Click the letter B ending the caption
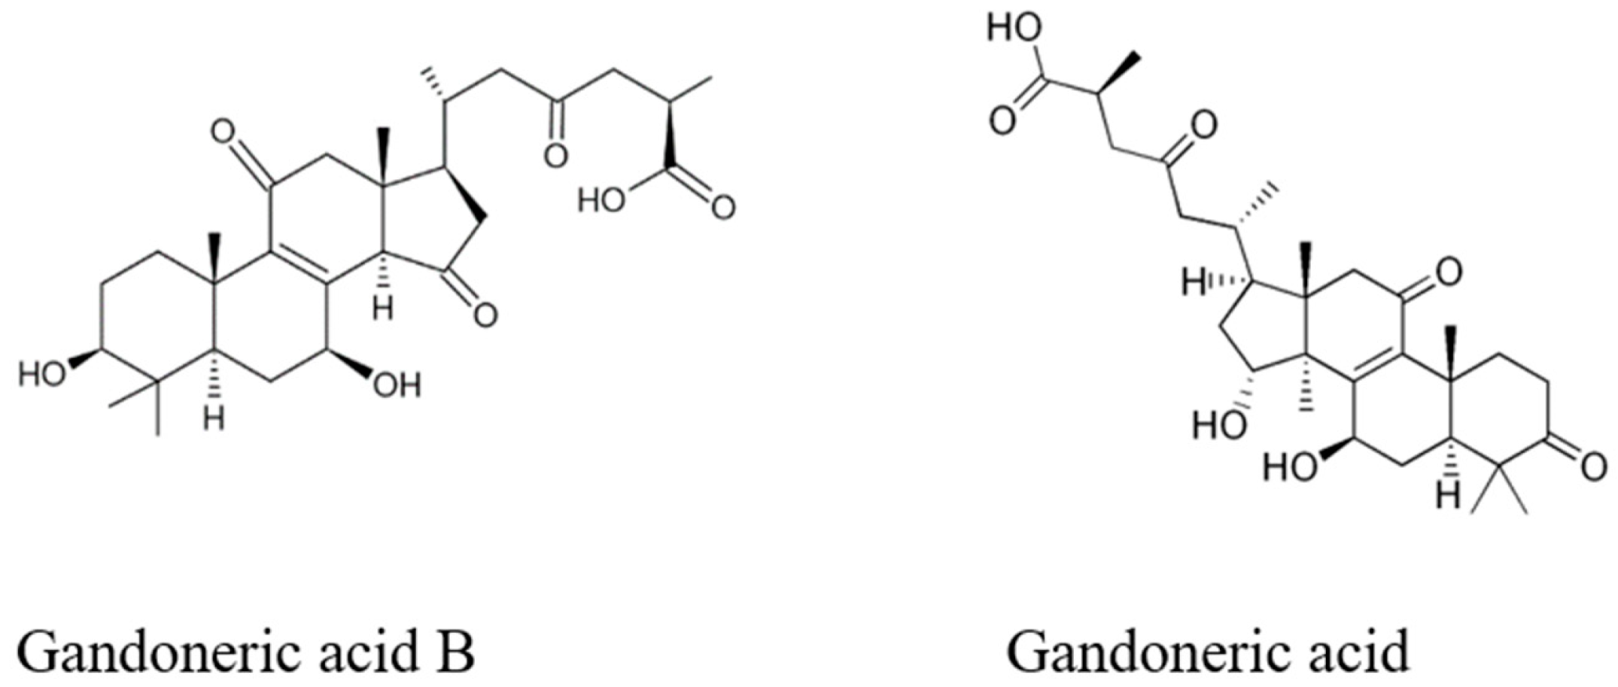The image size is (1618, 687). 457,652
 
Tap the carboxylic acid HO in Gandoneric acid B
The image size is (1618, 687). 601,201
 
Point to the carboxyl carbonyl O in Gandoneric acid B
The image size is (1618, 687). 723,207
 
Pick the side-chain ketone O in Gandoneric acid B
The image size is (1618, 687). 555,157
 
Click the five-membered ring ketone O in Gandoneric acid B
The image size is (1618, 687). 485,315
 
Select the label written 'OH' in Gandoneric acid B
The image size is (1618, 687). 397,387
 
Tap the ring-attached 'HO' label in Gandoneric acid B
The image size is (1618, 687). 42,374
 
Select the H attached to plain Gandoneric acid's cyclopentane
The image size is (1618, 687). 1193,284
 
